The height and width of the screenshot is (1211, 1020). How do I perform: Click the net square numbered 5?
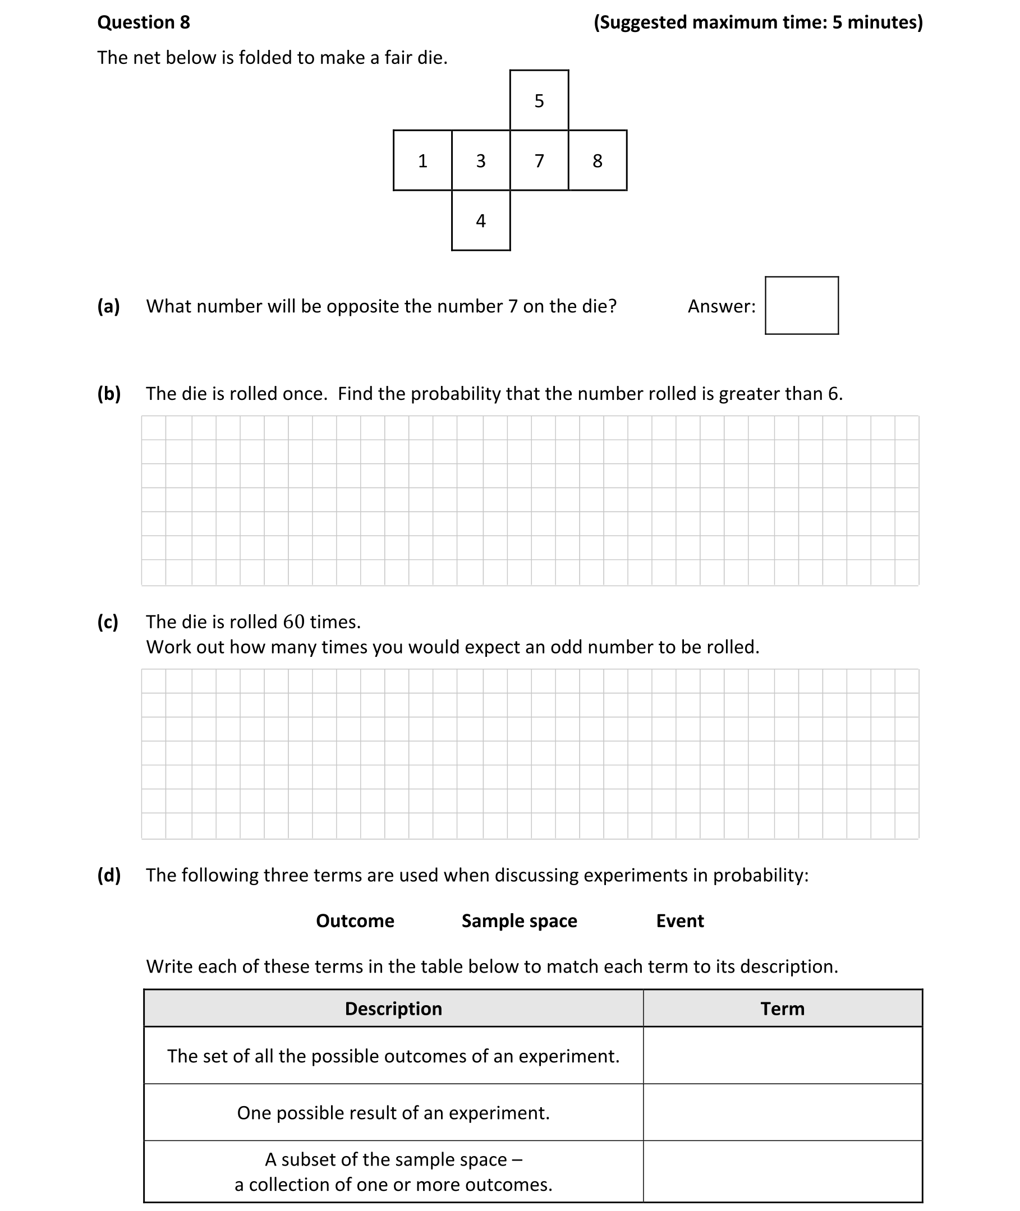(539, 100)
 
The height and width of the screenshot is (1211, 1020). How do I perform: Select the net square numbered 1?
(422, 160)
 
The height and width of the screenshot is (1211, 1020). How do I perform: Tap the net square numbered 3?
(480, 160)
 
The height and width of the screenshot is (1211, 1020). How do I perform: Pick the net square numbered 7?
(539, 160)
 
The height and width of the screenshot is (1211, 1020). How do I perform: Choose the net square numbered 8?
(598, 160)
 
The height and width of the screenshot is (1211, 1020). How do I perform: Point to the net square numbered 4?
(480, 221)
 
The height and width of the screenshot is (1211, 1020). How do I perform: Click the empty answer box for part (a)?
(801, 305)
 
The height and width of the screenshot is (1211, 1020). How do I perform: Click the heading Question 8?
(144, 22)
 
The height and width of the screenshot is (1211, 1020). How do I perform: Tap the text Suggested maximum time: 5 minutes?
(758, 22)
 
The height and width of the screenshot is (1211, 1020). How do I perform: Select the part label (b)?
(109, 394)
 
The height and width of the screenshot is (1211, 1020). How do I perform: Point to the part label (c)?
(108, 622)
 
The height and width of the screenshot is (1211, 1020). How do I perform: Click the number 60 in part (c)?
(294, 622)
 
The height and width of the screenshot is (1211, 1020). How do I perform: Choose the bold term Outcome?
(355, 921)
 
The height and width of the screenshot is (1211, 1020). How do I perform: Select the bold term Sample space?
(519, 921)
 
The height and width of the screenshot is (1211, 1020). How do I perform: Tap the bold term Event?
(680, 921)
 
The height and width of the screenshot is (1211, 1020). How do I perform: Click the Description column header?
(393, 1009)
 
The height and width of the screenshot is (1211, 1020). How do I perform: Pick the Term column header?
(782, 1009)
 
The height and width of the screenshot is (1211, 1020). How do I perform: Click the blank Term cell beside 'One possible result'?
(782, 1113)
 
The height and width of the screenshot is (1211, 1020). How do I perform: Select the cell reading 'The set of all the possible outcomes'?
(393, 1056)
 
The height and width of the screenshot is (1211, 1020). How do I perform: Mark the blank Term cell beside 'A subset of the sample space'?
(782, 1172)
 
